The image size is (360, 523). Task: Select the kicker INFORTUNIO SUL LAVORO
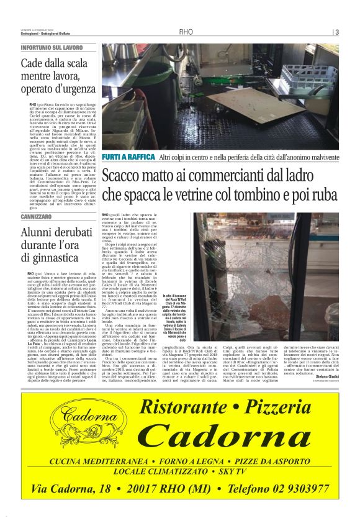[52, 47]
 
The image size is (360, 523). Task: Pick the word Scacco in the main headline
[125, 176]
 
